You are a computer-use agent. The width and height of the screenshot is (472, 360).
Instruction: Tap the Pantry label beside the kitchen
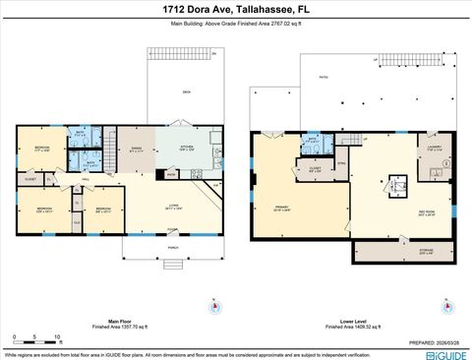click(171, 175)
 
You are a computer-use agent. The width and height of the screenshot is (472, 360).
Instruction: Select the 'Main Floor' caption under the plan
click(120, 320)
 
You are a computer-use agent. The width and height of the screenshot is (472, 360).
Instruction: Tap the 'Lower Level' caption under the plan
click(352, 320)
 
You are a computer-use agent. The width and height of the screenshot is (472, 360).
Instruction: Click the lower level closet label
click(315, 169)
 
